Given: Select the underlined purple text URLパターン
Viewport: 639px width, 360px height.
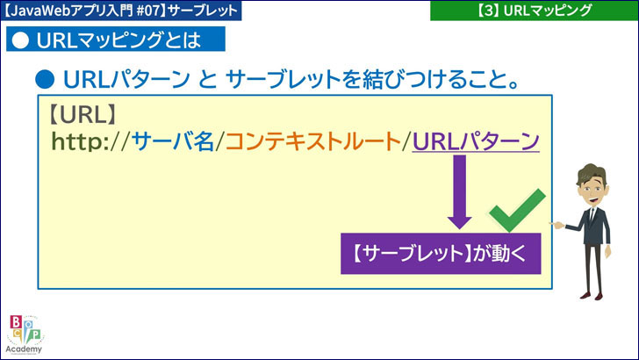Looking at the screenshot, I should [x=475, y=141].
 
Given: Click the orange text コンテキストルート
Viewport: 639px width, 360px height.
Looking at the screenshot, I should [x=312, y=141].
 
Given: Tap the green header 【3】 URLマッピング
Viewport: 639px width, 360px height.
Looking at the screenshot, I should [x=533, y=11].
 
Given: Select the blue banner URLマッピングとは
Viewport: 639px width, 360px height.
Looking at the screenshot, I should [x=115, y=40].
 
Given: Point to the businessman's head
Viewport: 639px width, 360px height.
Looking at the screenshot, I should [x=592, y=181].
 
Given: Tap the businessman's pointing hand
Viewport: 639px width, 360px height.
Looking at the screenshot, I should [x=556, y=225].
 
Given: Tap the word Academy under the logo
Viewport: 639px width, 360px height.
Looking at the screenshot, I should [x=24, y=349].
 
